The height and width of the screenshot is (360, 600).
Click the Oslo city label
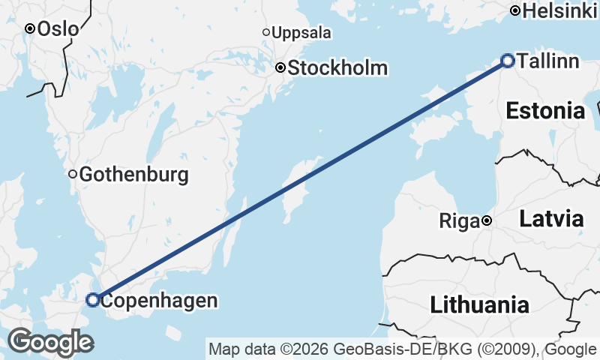[57, 28]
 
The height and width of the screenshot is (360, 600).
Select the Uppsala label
[301, 33]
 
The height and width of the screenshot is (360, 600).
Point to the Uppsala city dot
[266, 32]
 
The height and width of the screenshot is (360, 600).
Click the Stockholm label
[337, 68]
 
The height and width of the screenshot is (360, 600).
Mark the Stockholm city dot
[280, 67]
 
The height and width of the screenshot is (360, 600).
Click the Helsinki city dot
[515, 10]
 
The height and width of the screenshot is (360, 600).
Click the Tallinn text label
[547, 61]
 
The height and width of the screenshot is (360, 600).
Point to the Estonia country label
[545, 112]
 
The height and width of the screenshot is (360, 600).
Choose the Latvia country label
[551, 220]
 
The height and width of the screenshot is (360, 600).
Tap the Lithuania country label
[479, 305]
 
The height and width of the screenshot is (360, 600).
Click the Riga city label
[458, 221]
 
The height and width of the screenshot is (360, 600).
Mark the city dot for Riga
[487, 220]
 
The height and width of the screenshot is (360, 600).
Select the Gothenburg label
[133, 175]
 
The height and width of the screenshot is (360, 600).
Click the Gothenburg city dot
[73, 174]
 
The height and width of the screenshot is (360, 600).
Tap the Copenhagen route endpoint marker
[92, 300]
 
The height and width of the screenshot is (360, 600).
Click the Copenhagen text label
[159, 301]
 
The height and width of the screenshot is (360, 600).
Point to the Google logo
[49, 342]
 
